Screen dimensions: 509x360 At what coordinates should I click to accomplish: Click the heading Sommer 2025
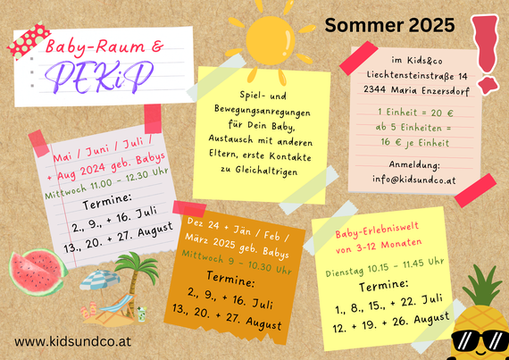389,25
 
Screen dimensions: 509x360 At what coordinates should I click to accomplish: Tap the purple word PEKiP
99,77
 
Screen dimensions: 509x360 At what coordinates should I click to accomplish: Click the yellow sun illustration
270,40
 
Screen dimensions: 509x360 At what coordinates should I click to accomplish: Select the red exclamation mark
484,54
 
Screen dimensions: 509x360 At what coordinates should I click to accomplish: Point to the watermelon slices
38,272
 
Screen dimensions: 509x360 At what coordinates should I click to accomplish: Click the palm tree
137,280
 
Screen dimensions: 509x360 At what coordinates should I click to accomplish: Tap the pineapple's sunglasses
480,340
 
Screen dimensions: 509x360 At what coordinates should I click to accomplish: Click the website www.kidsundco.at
72,341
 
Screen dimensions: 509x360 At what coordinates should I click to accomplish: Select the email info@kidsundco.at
414,180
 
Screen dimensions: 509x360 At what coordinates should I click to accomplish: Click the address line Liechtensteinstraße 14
417,75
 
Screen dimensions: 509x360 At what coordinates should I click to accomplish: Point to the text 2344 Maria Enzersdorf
416,89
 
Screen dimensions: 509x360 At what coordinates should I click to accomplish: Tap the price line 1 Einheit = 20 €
415,113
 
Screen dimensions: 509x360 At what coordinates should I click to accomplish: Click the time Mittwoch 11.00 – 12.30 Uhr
107,183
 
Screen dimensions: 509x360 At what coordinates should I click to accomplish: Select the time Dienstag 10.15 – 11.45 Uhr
385,267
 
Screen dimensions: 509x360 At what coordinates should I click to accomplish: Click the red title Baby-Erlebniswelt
377,230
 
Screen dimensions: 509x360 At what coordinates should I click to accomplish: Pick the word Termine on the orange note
230,279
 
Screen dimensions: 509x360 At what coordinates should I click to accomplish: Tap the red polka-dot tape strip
29,40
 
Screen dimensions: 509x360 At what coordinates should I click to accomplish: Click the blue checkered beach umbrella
99,280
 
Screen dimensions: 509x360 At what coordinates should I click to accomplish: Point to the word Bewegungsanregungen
263,111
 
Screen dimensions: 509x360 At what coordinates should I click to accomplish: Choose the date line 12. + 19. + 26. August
391,322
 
